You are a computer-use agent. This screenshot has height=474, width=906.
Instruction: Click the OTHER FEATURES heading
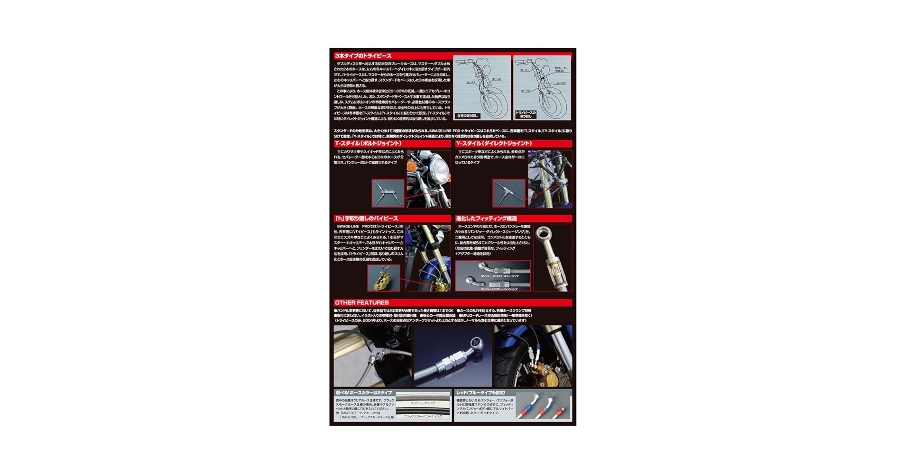(x=361, y=302)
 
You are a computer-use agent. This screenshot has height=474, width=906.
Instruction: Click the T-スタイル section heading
(x=368, y=143)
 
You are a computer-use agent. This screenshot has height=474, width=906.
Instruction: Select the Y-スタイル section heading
(x=493, y=143)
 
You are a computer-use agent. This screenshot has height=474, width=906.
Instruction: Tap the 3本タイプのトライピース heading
(x=363, y=56)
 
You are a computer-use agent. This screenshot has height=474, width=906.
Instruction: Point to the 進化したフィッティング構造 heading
(x=486, y=219)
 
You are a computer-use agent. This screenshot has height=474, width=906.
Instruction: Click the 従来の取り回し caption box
(x=468, y=116)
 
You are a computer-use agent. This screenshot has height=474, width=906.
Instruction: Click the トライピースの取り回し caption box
(x=526, y=114)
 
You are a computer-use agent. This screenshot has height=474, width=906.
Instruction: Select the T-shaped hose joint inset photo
(x=388, y=192)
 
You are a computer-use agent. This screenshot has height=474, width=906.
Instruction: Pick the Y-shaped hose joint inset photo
(x=508, y=192)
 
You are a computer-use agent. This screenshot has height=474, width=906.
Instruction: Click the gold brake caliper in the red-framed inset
(x=382, y=279)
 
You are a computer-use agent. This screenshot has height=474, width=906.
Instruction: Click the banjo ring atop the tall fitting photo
(x=542, y=233)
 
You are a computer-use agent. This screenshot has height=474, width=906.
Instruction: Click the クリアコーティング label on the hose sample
(x=422, y=403)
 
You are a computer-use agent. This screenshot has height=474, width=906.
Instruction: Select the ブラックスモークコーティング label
(x=422, y=416)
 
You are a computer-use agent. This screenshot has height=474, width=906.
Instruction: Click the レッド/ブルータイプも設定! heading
(x=481, y=392)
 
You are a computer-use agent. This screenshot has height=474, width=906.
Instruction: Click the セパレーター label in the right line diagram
(x=561, y=68)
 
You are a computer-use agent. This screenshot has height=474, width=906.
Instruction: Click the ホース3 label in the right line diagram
(x=561, y=83)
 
